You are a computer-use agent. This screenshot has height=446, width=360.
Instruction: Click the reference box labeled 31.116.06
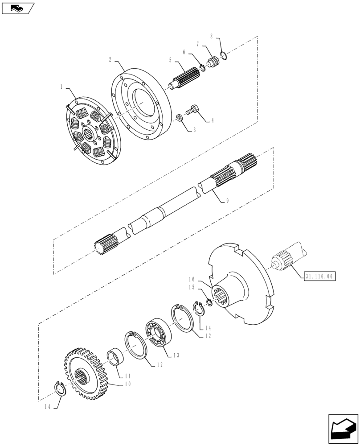(x=320, y=276)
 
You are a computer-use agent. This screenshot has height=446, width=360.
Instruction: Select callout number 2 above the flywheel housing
(x=110, y=59)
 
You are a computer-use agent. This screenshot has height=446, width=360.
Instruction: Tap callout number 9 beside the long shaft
(x=227, y=201)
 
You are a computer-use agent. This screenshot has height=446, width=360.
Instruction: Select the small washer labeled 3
(x=178, y=118)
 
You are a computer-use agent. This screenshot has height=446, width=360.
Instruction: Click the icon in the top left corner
(x=18, y=8)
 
